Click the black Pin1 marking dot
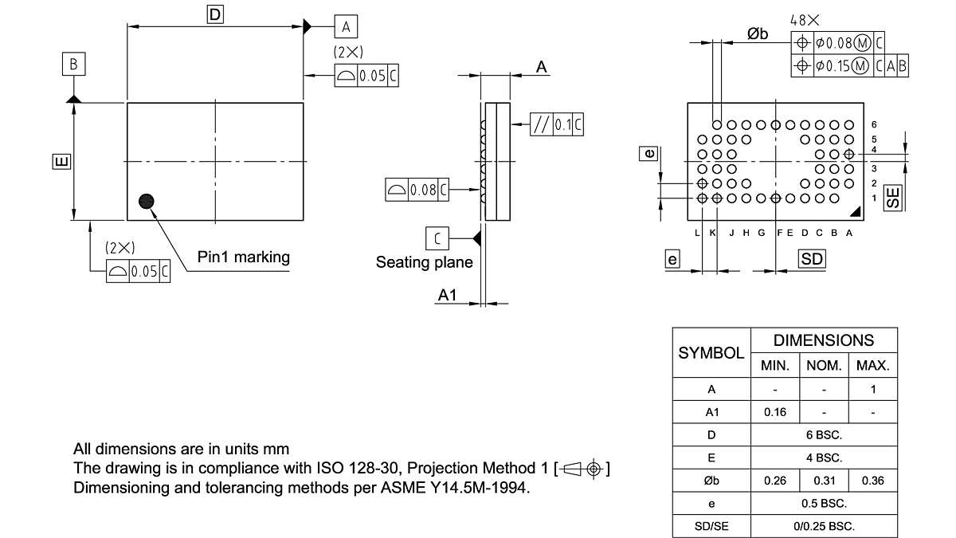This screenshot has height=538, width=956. pos(146,202)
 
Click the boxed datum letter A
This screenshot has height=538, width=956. pos(346,26)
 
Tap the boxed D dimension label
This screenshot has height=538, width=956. pos(214,14)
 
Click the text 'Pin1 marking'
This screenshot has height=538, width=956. pos(244,257)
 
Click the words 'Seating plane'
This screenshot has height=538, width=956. pos(425,262)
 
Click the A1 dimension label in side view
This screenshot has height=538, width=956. pos(448,295)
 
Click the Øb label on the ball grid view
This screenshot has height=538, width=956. pos(758,33)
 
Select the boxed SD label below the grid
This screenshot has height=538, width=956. pos(812,259)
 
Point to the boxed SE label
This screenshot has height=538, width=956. pos(895,198)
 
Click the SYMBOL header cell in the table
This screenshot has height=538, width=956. pos(711,352)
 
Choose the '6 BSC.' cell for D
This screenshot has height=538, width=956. pos(824,435)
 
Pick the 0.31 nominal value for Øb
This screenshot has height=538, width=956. pos(824,481)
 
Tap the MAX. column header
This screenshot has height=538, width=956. pos(872,366)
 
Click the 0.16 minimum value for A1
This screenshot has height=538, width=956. pos(774,412)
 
